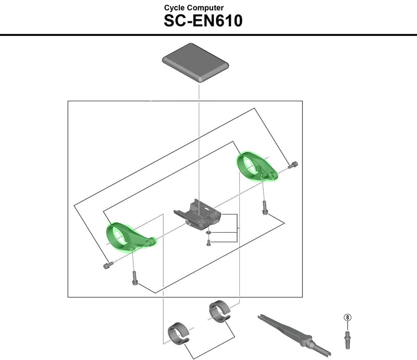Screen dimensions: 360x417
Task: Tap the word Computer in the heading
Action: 207,8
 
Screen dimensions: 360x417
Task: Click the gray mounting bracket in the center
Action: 201,215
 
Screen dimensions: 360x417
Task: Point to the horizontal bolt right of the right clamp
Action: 293,165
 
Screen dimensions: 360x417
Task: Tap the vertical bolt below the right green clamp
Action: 265,209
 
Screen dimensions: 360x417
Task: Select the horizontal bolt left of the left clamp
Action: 107,266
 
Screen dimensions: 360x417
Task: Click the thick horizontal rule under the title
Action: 208,34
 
